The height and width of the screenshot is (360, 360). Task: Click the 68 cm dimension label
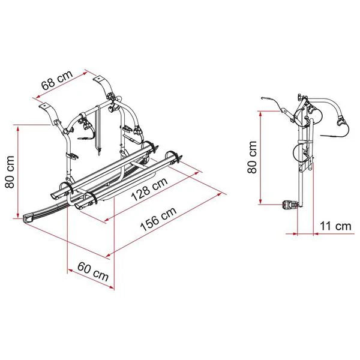click(57, 80)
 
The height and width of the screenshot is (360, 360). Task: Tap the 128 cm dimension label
click(149, 190)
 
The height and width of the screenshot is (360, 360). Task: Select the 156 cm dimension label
click(158, 219)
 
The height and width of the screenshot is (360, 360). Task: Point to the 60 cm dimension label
click(93, 272)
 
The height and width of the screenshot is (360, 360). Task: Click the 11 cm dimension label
click(335, 226)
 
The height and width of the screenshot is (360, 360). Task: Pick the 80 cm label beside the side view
click(252, 157)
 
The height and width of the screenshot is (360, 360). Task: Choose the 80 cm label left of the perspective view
click(10, 172)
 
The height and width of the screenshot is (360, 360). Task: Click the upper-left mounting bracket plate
click(44, 106)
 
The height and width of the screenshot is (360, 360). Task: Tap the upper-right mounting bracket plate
click(98, 79)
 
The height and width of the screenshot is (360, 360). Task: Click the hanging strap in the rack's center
click(98, 130)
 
